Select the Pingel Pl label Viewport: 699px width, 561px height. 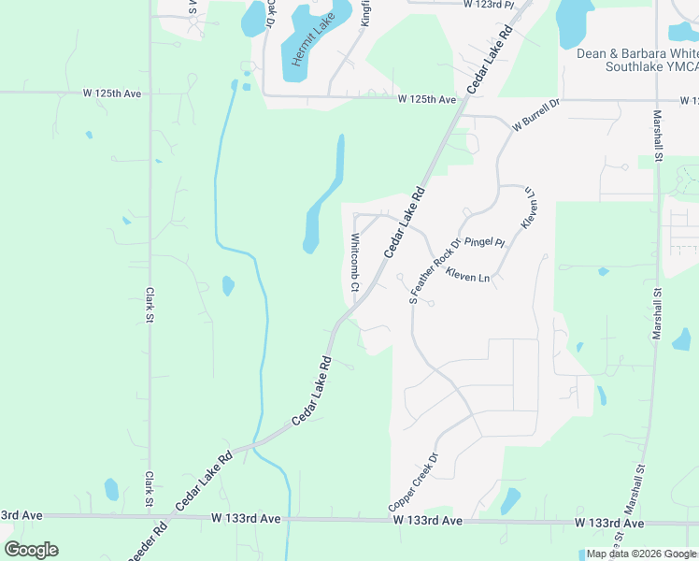(x=484, y=242)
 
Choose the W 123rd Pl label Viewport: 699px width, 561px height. (x=488, y=5)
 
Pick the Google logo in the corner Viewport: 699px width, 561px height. (x=31, y=550)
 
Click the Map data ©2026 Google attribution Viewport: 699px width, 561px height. (x=641, y=554)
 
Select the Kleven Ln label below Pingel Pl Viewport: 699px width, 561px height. (x=467, y=277)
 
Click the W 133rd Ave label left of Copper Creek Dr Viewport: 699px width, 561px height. (x=246, y=518)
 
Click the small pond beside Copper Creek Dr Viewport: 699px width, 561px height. (x=509, y=501)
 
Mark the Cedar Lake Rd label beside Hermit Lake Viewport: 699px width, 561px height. (x=491, y=58)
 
